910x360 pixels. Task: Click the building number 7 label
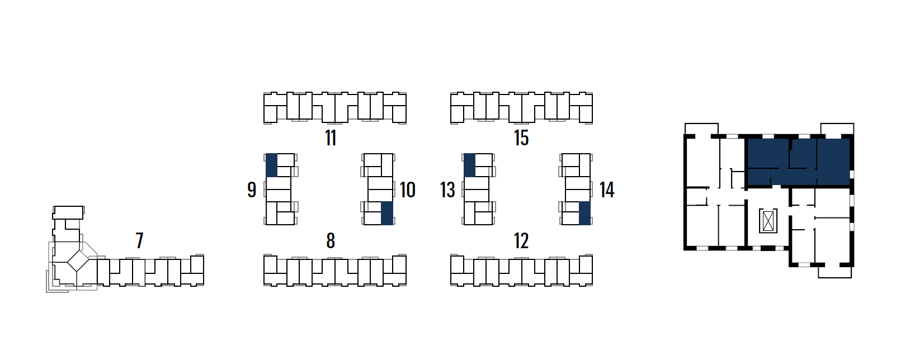(140, 241)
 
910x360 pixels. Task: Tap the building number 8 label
(331, 241)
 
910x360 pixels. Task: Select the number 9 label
(252, 190)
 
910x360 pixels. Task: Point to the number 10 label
(408, 190)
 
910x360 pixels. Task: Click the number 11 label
(331, 138)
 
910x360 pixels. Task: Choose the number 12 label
(521, 241)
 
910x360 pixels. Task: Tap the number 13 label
(447, 190)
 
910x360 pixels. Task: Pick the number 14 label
(607, 190)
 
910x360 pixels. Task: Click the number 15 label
(521, 138)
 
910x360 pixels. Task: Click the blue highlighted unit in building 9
(271, 165)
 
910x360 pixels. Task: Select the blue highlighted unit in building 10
(387, 213)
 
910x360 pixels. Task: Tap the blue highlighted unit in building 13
(469, 165)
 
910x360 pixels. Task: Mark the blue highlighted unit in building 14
(584, 213)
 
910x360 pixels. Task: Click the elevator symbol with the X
(768, 221)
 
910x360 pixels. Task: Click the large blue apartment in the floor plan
(799, 162)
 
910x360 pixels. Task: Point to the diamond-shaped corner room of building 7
(78, 260)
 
